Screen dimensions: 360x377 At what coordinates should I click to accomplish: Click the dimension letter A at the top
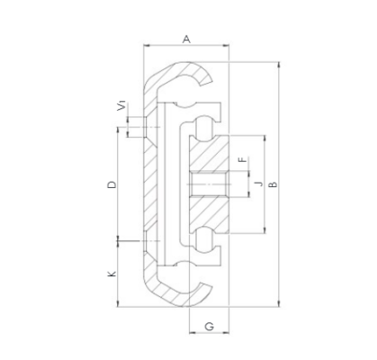click(x=186, y=39)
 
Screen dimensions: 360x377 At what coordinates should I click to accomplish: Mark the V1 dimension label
click(x=121, y=107)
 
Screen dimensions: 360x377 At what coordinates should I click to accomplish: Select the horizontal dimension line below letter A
click(x=186, y=49)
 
